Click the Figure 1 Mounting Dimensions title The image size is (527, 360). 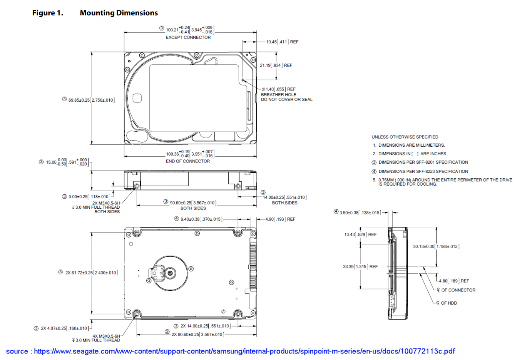coord(95,13)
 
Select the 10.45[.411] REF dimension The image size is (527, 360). coord(282,42)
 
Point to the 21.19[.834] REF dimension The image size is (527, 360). coord(276,65)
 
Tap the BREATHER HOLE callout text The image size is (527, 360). coord(279,94)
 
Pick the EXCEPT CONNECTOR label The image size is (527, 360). coord(188,37)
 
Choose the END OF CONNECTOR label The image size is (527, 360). coord(187,161)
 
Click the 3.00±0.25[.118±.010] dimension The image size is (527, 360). coord(89,197)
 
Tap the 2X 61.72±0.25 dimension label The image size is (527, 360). coord(91,273)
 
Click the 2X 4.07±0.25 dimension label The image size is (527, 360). coord(64,328)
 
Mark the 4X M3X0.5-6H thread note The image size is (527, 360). coord(106,336)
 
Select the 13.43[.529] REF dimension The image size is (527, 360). coord(360,234)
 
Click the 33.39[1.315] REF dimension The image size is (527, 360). coord(360,266)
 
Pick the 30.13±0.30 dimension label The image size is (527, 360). coord(436,246)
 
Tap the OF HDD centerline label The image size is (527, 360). coord(448,303)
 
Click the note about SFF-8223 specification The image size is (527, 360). coord(423,171)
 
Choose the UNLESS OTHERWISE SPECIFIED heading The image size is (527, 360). coord(405,137)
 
